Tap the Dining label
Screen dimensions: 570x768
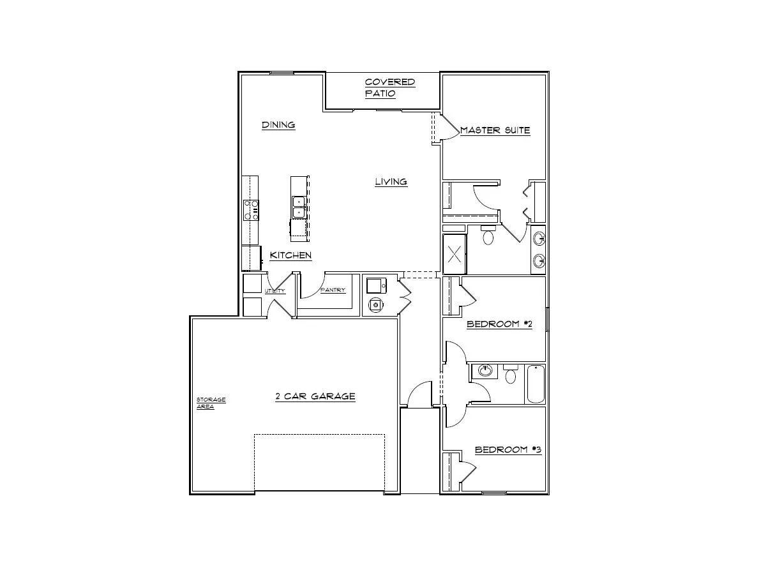click(x=278, y=124)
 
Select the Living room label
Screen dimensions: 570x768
click(x=391, y=182)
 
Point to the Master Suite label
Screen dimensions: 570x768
click(x=495, y=130)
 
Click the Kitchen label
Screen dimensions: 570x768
click(x=290, y=255)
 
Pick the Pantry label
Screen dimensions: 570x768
click(x=333, y=290)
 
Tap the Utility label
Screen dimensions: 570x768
click(x=275, y=291)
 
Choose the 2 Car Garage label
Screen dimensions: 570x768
click(x=315, y=396)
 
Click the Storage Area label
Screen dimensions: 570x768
click(x=210, y=403)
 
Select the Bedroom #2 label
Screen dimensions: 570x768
click(x=499, y=324)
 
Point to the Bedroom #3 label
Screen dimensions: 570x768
click(x=508, y=450)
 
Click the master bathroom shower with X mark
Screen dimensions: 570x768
click(x=455, y=255)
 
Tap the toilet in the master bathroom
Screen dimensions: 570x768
click(x=489, y=236)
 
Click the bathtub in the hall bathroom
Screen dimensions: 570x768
click(x=535, y=384)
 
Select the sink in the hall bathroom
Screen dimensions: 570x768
click(x=486, y=371)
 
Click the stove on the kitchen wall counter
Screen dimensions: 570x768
click(x=251, y=209)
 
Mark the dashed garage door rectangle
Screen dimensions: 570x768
click(x=319, y=463)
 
